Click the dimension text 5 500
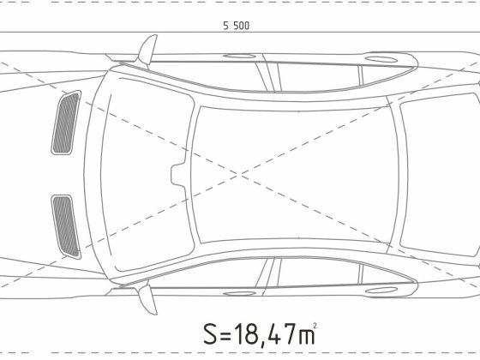(x=236, y=26)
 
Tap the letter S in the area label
(x=210, y=333)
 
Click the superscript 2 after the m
(x=315, y=326)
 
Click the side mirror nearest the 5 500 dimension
(x=147, y=51)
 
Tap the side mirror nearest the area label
(x=147, y=298)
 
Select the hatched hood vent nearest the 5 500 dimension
(x=66, y=123)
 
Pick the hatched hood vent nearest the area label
(x=66, y=226)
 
